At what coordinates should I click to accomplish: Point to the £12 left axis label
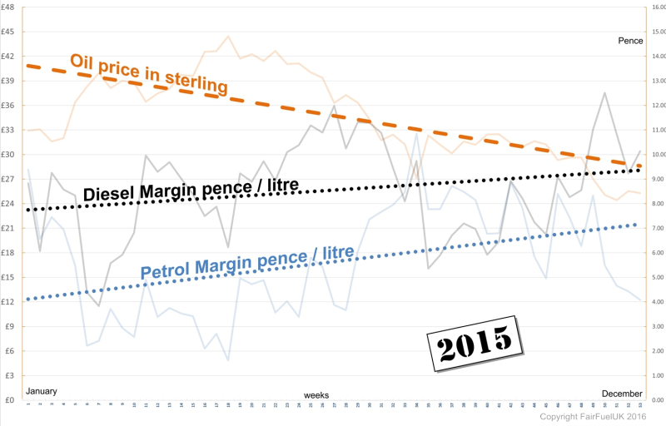9,302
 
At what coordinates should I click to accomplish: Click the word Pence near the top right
630,40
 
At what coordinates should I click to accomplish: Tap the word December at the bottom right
623,393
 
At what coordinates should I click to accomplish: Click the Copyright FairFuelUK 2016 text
594,416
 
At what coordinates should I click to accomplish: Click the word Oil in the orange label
84,61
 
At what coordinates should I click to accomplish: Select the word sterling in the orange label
196,82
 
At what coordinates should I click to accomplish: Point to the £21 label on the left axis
9,229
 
